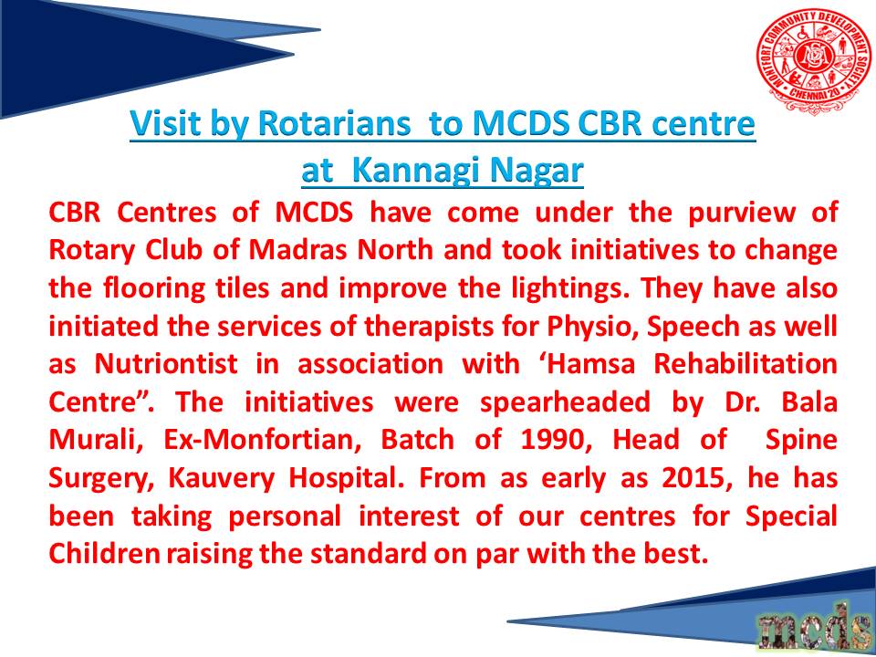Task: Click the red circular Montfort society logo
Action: click(x=813, y=60)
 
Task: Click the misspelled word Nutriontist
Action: click(x=166, y=365)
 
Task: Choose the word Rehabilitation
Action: click(x=746, y=365)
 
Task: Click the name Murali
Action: click(x=95, y=441)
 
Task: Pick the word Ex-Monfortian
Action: click(x=263, y=441)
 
